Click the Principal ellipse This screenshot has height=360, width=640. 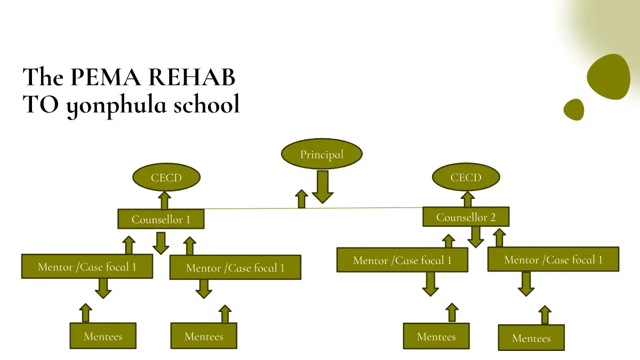tap(322, 155)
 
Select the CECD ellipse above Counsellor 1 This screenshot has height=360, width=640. tap(166, 178)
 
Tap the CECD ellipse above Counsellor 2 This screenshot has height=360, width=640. tap(466, 178)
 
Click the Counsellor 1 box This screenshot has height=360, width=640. tap(161, 219)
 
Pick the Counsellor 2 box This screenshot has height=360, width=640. tap(466, 217)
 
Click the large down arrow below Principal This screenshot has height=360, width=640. tap(322, 187)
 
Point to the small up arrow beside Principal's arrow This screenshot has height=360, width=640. tap(302, 199)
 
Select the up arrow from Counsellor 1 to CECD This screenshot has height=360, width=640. tap(164, 201)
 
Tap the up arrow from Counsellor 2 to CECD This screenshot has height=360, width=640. tap(468, 199)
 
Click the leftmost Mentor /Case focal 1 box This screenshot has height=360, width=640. tap(87, 266)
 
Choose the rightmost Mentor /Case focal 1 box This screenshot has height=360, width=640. tap(553, 260)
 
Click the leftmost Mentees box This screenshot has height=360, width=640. tap(103, 336)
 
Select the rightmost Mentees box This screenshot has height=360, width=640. tap(531, 338)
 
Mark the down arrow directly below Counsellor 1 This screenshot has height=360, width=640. tap(161, 243)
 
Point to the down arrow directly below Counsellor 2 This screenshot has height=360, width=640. tap(476, 237)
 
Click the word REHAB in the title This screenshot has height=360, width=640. tap(191, 78)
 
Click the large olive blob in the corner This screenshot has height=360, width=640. tap(609, 77)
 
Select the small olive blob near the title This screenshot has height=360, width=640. tap(574, 109)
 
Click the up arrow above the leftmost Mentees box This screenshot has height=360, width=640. tap(85, 313)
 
